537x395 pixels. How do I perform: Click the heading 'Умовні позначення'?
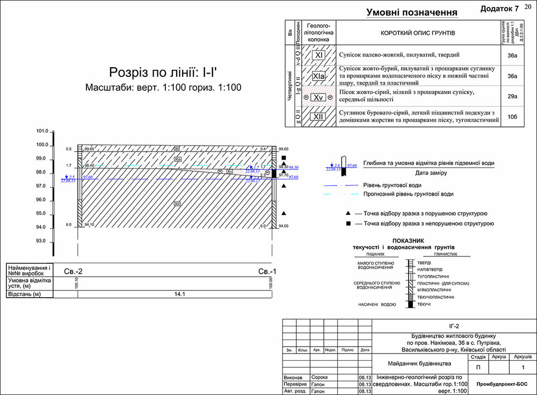point(411,12)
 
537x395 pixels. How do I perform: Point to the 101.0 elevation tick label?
point(42,131)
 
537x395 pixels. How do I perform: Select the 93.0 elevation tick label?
point(42,241)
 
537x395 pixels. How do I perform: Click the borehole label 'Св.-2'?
point(73,271)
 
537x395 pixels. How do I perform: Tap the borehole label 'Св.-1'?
point(267,271)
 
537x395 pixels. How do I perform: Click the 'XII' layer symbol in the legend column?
point(319,117)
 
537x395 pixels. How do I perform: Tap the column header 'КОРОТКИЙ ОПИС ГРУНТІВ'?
point(417,33)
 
